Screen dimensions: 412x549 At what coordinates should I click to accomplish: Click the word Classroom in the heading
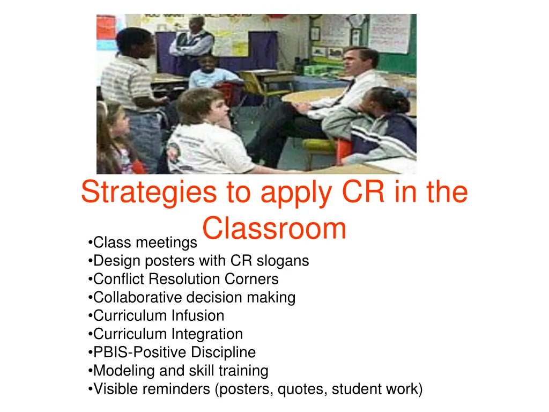click(x=274, y=229)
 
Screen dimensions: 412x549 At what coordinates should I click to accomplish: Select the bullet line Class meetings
click(x=142, y=243)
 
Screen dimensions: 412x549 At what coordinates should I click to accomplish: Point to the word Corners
click(x=251, y=279)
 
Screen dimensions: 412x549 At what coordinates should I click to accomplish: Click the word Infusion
click(x=197, y=316)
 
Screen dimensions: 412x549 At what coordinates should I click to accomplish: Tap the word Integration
click(x=206, y=334)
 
